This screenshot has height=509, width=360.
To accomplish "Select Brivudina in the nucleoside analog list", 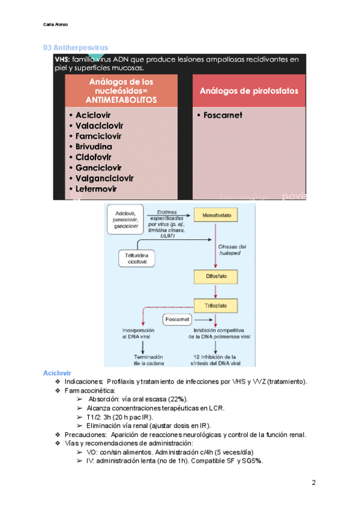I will [94, 146].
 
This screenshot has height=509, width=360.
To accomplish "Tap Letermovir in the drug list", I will [96, 188].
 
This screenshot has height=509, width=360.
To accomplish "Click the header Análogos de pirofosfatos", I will [248, 90].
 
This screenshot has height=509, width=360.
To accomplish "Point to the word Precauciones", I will [85, 435].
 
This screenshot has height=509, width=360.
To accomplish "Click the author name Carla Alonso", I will [56, 24].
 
